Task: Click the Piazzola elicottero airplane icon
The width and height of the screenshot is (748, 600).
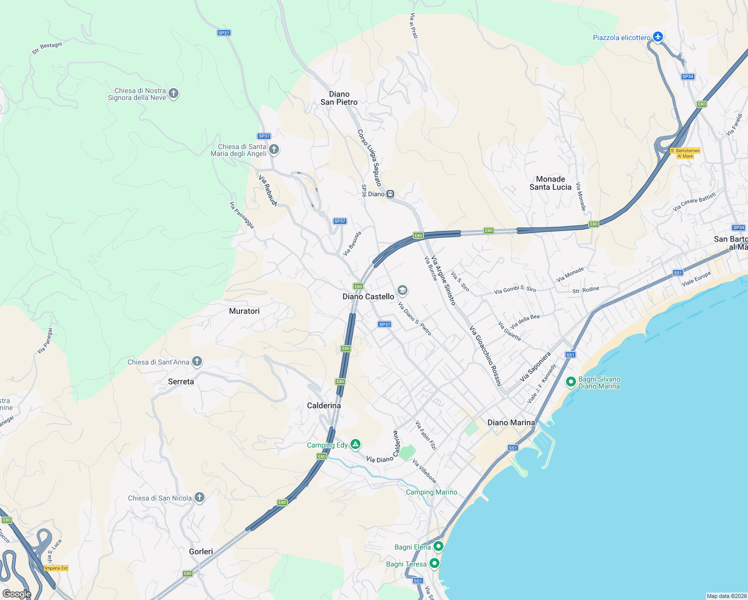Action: [x=658, y=36]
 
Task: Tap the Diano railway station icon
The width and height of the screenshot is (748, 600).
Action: [x=390, y=194]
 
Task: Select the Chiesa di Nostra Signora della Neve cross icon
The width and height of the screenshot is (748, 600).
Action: [x=173, y=93]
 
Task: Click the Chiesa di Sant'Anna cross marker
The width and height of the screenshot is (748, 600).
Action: [x=197, y=361]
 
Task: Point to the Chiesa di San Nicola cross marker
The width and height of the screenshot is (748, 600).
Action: [x=199, y=497]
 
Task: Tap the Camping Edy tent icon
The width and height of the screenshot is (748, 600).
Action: [x=355, y=444]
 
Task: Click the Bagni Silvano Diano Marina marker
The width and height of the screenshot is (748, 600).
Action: [x=570, y=382]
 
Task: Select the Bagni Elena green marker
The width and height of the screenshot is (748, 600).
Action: [x=438, y=546]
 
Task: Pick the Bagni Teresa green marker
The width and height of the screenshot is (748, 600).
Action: [x=434, y=563]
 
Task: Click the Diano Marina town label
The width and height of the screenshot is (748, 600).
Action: [x=511, y=422]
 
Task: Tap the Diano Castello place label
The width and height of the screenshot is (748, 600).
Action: [x=368, y=296]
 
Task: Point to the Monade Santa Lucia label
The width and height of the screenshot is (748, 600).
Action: [x=550, y=183]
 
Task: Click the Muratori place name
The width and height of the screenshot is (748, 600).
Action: [x=244, y=311]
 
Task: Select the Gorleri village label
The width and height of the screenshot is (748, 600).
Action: [x=201, y=551]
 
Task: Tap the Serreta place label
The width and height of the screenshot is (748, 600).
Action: [x=181, y=381]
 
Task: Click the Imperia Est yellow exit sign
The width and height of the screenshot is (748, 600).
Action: [x=56, y=568]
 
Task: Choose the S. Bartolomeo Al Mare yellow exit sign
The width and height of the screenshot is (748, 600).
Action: [x=685, y=153]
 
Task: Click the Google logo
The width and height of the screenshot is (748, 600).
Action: [x=16, y=593]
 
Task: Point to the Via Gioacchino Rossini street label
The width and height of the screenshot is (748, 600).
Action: [x=485, y=356]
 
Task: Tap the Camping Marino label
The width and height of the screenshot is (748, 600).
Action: [x=431, y=492]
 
